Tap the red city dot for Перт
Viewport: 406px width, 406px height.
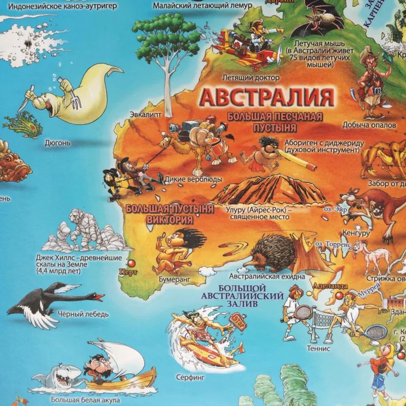(133, 263)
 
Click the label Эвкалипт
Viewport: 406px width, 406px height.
(143, 113)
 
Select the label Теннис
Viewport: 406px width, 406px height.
(319, 349)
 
